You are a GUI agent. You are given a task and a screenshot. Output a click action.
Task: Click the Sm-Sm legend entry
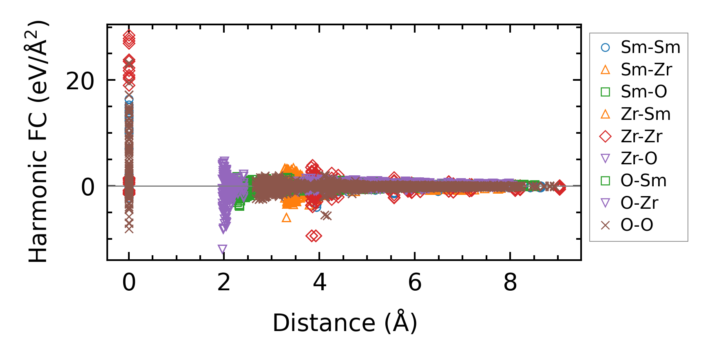(x=650, y=47)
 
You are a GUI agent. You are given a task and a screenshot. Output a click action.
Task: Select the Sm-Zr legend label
(x=646, y=70)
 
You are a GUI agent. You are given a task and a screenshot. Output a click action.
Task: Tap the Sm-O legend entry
(x=643, y=92)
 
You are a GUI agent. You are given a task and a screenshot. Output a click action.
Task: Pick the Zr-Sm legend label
(x=646, y=114)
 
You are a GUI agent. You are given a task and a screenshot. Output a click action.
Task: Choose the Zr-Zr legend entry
(x=641, y=136)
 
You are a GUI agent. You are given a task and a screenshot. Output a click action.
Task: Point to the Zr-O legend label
(x=639, y=158)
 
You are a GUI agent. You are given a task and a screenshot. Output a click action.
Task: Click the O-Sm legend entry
(x=643, y=181)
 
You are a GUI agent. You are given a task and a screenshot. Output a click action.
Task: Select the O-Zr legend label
(x=639, y=203)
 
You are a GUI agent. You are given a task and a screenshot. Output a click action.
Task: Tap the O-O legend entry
(x=637, y=225)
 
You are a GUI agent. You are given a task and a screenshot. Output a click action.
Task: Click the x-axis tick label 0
(x=129, y=282)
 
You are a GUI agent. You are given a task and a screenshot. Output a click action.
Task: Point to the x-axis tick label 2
(x=224, y=282)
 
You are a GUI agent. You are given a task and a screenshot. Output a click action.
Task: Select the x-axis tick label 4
(x=319, y=282)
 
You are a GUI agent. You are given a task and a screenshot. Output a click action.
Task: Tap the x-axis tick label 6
(x=415, y=282)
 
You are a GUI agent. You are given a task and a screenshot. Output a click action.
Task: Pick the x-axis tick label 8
(x=510, y=282)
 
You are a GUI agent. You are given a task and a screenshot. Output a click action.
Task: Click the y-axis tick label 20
(x=80, y=81)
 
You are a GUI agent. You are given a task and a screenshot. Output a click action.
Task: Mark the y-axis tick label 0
(x=88, y=187)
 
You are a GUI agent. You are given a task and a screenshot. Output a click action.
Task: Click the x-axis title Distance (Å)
(x=345, y=323)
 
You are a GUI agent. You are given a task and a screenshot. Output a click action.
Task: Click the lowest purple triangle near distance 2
(x=222, y=249)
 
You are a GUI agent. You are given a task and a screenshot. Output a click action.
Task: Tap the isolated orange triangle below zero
(x=286, y=218)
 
